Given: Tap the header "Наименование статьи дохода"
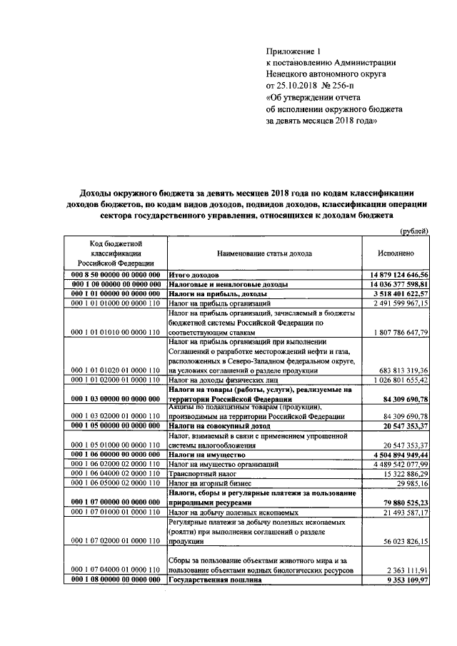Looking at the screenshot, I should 263,253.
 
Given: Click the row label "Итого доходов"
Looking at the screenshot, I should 194,275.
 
